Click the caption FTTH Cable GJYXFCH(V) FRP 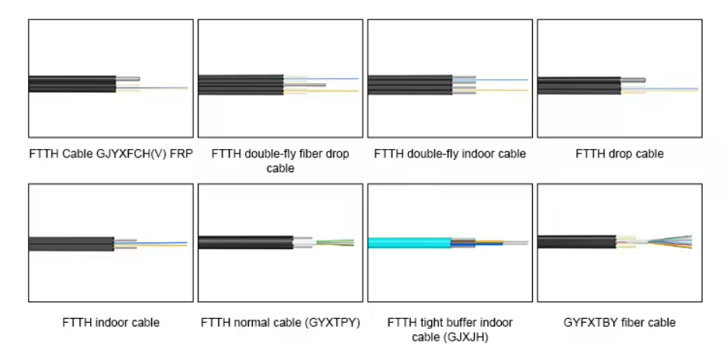[x=110, y=154]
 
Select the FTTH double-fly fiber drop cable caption [x=280, y=161]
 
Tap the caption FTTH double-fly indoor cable [x=450, y=154]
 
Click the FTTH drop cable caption [x=619, y=154]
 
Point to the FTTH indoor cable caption [x=111, y=322]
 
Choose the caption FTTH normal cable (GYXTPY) [x=280, y=322]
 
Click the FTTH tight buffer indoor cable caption [x=450, y=329]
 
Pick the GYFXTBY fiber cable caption [x=619, y=322]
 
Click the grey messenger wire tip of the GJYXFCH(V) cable [x=130, y=78]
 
